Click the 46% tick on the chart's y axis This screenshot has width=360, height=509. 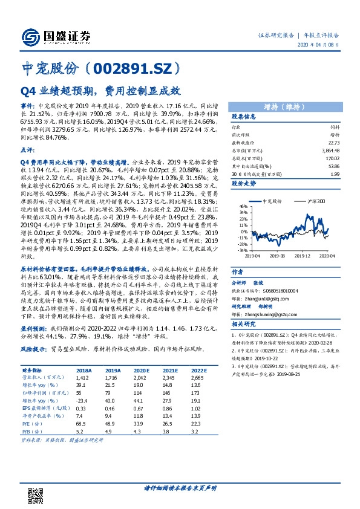point(243,206)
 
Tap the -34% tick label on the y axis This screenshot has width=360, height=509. point(242,250)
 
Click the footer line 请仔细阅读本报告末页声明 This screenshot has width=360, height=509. point(180,488)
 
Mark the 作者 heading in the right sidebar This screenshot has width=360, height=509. point(238,271)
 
